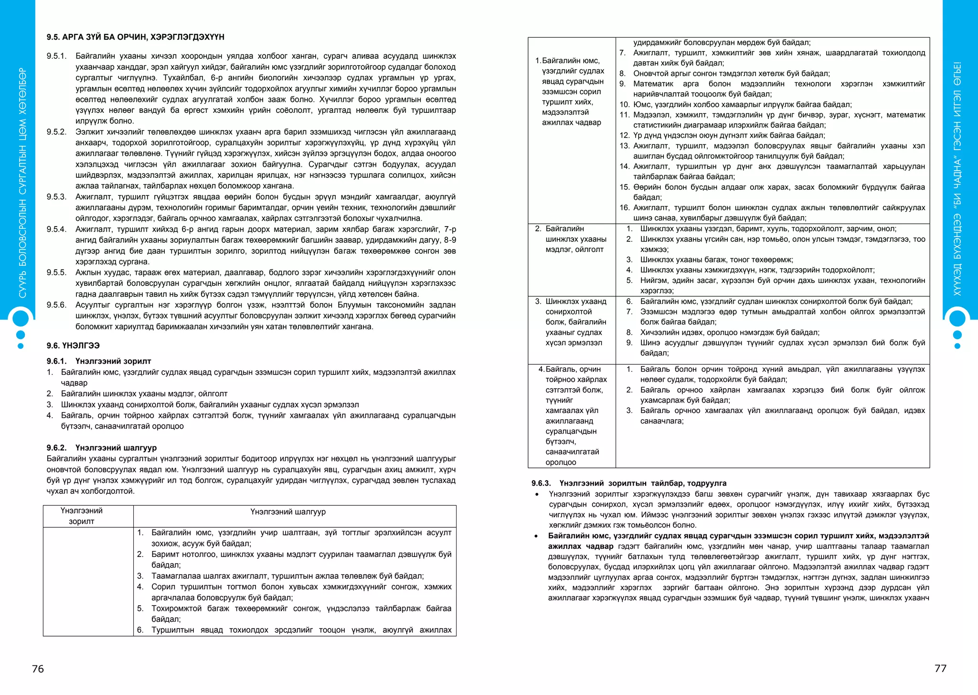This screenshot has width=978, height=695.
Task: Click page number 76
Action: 38,669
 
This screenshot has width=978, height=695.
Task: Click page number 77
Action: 940,668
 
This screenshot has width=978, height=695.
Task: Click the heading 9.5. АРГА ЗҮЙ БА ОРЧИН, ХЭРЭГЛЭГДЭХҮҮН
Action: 135,37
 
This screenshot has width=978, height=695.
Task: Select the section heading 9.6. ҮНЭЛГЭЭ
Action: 73,346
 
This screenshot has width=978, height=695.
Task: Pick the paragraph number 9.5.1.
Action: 56,56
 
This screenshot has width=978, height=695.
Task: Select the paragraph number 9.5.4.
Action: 56,229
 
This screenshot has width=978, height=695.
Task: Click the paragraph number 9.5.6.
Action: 56,305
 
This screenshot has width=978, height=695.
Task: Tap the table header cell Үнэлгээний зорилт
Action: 82,516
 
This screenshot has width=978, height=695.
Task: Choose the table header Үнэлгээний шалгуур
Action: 288,512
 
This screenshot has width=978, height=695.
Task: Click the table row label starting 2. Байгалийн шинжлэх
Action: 572,239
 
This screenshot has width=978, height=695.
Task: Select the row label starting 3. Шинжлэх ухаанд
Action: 572,322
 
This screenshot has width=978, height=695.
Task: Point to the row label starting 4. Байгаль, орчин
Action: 572,415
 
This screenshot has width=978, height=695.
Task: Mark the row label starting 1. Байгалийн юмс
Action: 572,91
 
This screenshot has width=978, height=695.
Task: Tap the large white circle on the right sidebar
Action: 957,318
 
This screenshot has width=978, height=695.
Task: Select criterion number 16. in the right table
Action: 625,208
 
